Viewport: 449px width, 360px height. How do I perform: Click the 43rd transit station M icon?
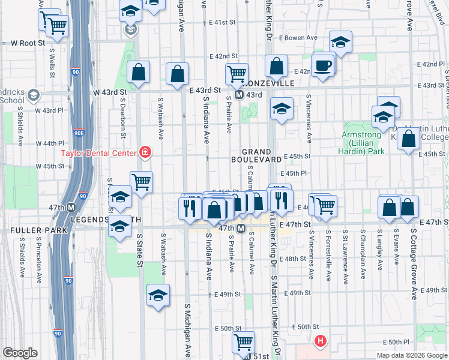238,95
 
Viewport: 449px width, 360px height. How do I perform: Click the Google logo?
20,353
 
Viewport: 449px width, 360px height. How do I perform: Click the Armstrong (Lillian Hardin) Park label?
363,143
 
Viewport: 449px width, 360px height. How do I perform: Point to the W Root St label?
29,43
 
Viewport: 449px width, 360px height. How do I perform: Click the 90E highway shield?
79,133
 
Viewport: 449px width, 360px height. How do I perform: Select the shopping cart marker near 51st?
243,342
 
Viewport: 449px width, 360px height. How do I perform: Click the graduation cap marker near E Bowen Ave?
340,43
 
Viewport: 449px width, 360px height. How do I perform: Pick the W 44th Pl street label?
49,143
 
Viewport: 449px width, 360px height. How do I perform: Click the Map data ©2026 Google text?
412,355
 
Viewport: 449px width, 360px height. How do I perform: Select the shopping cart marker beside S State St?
141,181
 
